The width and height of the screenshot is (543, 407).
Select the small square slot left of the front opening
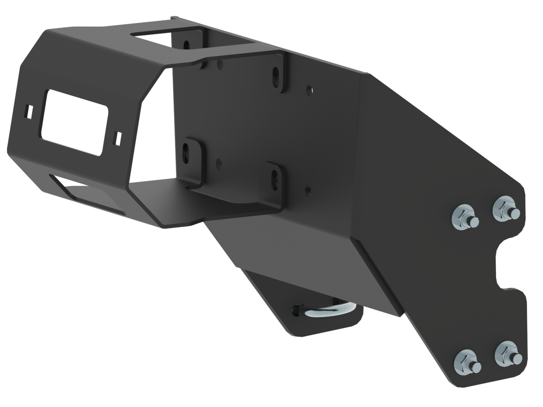click(x=28, y=111)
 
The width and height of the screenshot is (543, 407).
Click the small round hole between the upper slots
click(x=219, y=64)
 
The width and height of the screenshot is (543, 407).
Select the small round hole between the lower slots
click(x=218, y=162)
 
